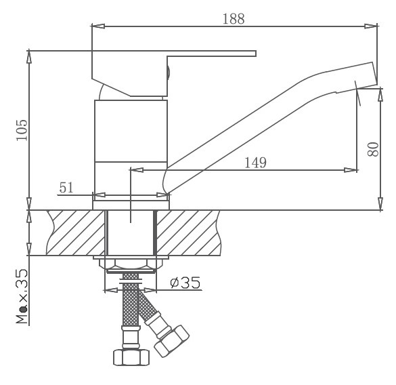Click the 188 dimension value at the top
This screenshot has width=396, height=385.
pos(234,19)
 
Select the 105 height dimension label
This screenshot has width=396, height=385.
pos(22,130)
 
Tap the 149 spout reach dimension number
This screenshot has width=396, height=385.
pos(255,163)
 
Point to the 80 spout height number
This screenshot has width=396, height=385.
pos(373,149)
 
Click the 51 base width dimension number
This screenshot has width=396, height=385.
pos(66,188)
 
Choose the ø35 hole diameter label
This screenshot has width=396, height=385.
pos(185,283)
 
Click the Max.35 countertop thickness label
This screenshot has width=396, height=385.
pos(22,296)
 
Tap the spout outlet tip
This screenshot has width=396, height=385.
pos(374,74)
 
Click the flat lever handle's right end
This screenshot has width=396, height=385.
pos(256,54)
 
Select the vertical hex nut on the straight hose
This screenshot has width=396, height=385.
pos(131,357)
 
